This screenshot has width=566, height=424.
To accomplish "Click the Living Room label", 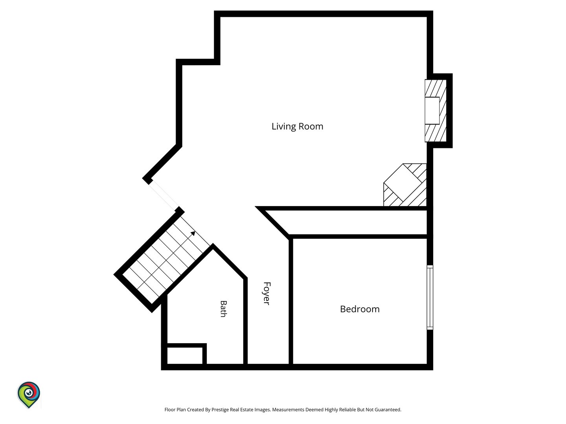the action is pos(297,126).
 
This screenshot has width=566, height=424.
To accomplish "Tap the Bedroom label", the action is pos(360,309).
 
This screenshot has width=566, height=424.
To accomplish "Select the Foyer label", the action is pos(267,293).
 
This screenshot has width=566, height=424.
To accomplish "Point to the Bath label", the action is pos(224,309).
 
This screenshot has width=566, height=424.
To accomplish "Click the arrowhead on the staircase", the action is pos(193,233).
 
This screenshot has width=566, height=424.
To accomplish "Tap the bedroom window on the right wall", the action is pos(430,297).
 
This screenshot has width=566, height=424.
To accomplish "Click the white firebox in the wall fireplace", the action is pos(432,111).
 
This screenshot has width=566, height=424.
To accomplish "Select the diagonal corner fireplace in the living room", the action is pos(405,185).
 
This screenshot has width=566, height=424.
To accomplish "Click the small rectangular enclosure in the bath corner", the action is pos(185,355).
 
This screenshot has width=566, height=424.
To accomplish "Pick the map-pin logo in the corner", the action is pos(29,395).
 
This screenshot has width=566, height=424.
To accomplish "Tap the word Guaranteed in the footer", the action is pos(388,409).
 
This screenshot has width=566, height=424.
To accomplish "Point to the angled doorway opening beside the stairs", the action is pos(164,195).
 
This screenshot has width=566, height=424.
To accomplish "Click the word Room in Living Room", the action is pos(311,126).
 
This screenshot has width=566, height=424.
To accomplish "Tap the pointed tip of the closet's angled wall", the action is pos(255,207).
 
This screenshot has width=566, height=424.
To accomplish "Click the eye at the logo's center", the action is pos(29,393).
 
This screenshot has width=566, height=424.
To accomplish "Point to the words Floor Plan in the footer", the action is pos(175,409).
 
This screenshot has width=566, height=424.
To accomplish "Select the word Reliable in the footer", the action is pos(347,409).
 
